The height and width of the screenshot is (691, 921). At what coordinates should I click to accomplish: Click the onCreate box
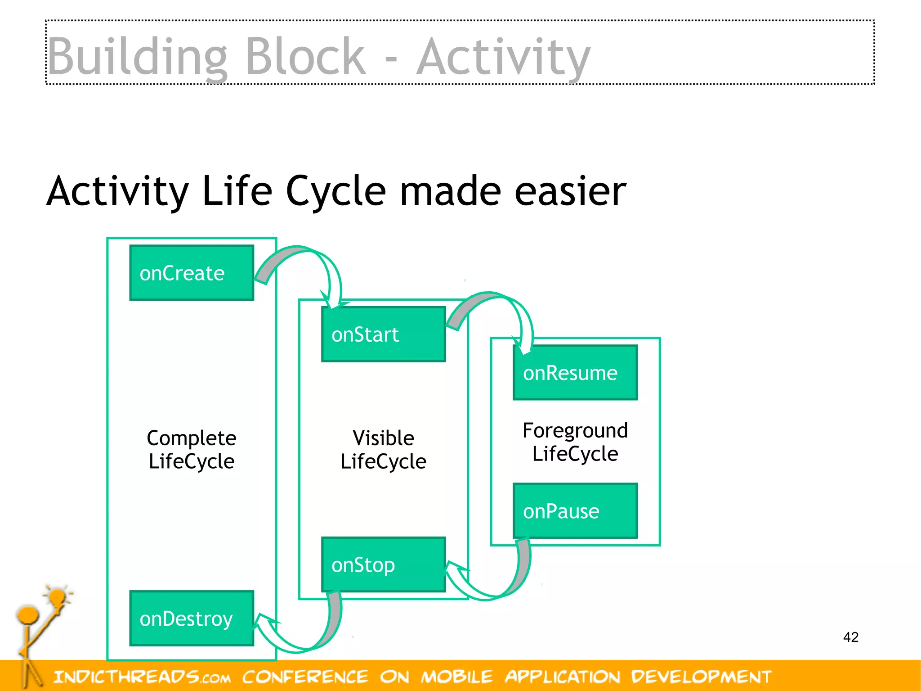(x=192, y=273)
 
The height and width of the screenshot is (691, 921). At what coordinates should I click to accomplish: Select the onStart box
(x=383, y=334)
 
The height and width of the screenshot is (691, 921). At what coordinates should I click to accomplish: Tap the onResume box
(x=575, y=373)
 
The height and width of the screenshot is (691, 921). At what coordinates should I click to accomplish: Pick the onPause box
(x=575, y=511)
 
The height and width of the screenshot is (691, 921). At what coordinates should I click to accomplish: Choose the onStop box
(x=383, y=565)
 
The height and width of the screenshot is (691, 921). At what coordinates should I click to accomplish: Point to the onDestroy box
(x=192, y=619)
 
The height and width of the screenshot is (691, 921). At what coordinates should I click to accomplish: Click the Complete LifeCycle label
(x=192, y=449)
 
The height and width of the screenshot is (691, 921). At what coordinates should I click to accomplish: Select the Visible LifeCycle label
(x=383, y=449)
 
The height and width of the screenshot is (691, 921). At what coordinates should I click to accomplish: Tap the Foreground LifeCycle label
(x=575, y=442)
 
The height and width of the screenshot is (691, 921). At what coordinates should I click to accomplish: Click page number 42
(x=850, y=637)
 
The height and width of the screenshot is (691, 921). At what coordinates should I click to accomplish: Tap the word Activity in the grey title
(x=503, y=57)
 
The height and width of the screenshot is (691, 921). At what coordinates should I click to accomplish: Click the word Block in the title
(x=305, y=57)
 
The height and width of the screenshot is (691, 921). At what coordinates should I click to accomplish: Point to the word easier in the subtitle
(x=570, y=191)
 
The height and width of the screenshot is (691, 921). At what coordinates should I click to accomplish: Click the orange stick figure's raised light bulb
(x=57, y=598)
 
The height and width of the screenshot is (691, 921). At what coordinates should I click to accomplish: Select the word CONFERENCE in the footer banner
(x=305, y=677)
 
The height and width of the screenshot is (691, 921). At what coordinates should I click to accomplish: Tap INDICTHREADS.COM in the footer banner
(x=142, y=677)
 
